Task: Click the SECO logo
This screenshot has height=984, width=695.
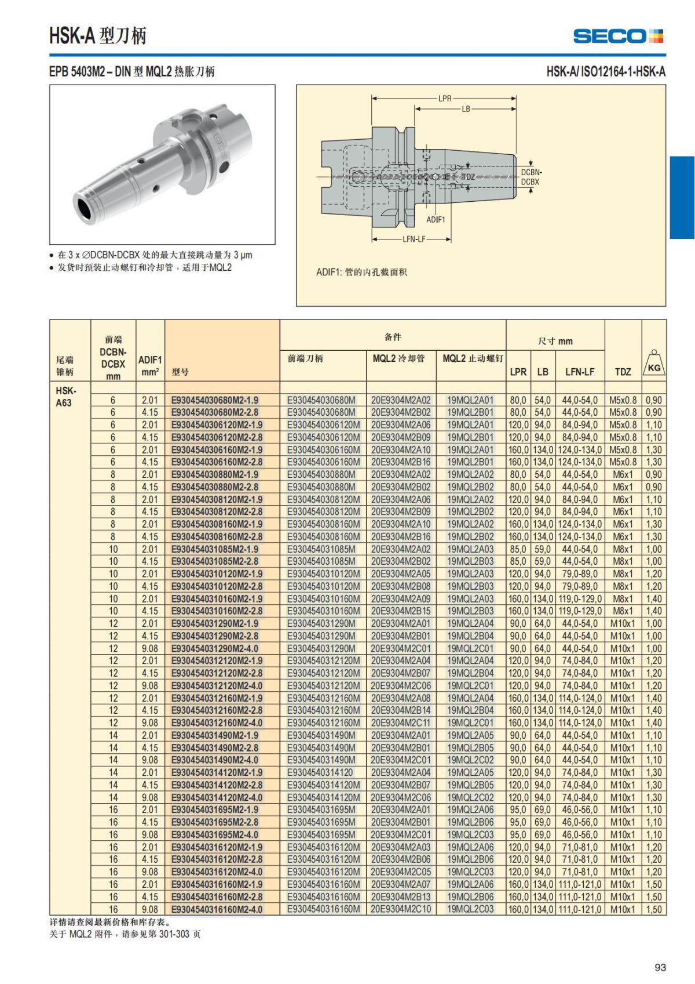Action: [618, 36]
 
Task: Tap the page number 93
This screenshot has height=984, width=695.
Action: [660, 967]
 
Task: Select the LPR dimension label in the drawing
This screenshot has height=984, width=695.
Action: [445, 99]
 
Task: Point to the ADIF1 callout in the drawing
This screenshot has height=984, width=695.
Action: [436, 220]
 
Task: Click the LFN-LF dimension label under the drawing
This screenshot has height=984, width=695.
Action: [414, 239]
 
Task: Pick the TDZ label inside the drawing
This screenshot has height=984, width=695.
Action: [468, 176]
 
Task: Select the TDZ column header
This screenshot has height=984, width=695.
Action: [623, 372]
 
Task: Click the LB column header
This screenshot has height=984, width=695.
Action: [543, 372]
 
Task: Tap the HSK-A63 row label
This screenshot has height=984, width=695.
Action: [65, 396]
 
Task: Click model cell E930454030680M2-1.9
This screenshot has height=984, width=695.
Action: [215, 400]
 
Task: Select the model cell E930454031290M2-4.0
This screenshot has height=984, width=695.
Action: [215, 648]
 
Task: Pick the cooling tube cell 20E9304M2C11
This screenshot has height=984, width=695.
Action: [401, 723]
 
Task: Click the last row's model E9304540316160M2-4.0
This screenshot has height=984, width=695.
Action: [217, 909]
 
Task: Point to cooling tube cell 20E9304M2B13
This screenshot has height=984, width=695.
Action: [401, 897]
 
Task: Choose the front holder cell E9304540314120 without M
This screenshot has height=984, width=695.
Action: [320, 772]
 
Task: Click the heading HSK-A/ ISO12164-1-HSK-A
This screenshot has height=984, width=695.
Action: [606, 72]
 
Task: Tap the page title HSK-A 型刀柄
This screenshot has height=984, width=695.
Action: [98, 36]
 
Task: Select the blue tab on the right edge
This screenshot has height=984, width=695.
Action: [682, 197]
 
